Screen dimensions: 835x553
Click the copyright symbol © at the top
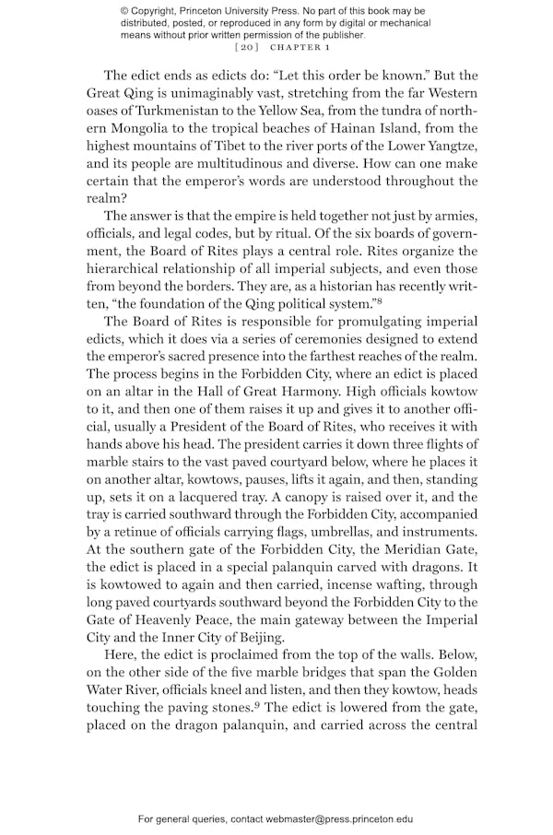click(x=125, y=10)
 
